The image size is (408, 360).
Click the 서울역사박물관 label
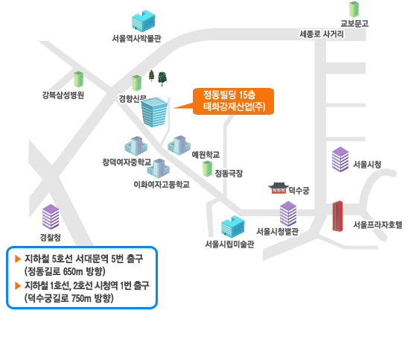click(x=136, y=39)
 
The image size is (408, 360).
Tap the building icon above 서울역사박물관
click(x=144, y=21)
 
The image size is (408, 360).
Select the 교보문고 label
click(x=354, y=24)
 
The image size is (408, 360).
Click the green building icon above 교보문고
click(x=354, y=10)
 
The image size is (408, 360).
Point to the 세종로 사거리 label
click(x=322, y=34)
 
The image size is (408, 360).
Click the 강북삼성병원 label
click(x=63, y=95)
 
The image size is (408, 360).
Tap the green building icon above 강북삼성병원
click(x=78, y=79)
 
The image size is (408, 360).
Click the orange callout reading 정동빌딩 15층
click(x=233, y=101)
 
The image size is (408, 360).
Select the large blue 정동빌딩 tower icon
click(x=154, y=112)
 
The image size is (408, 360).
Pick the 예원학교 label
click(x=205, y=155)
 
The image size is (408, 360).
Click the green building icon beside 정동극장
click(x=208, y=168)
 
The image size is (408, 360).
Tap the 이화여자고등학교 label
click(x=162, y=185)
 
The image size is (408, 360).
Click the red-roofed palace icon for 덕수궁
click(x=278, y=188)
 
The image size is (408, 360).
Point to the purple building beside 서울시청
click(x=340, y=160)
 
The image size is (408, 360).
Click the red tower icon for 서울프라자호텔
click(x=338, y=216)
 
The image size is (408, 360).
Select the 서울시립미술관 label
click(x=229, y=244)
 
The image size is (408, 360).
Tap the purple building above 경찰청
click(x=51, y=217)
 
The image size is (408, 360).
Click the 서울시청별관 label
click(x=278, y=231)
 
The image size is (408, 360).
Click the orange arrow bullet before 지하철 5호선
click(x=18, y=259)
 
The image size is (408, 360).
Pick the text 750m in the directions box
click(x=81, y=298)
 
